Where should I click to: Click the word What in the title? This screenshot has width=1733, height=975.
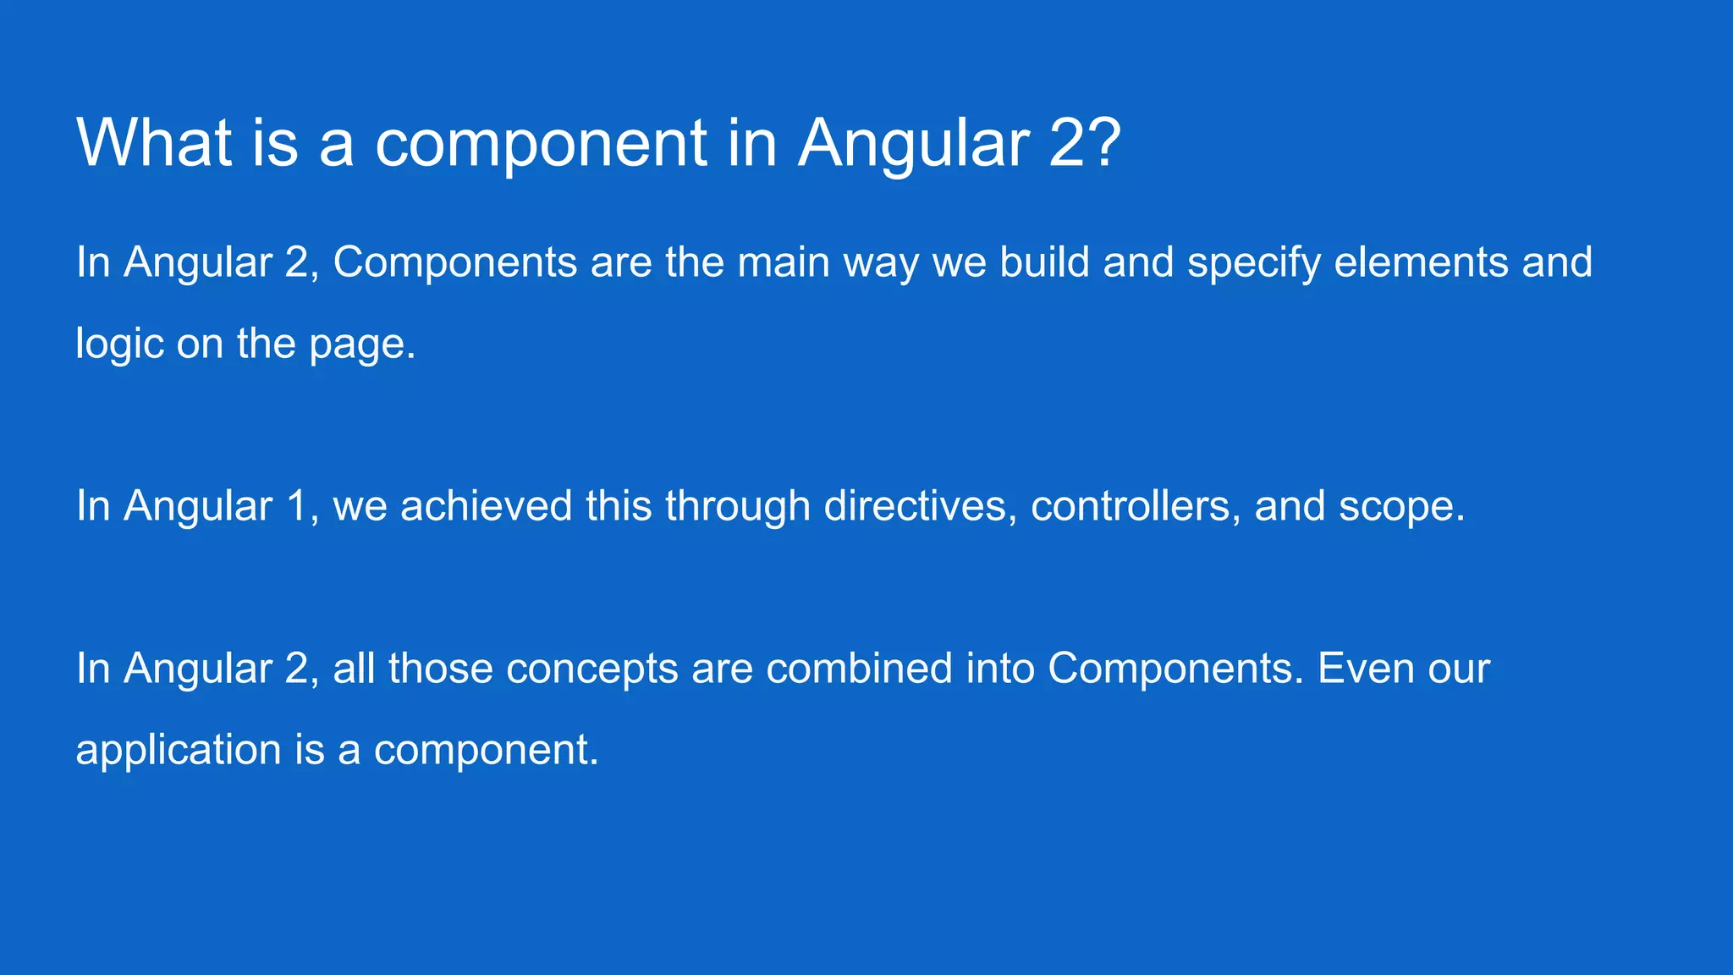tap(155, 142)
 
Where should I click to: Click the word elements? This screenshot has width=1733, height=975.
tap(1422, 262)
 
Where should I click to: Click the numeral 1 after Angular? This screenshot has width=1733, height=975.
tap(296, 506)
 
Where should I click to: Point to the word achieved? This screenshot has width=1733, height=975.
tap(487, 506)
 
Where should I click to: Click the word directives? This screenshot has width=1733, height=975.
tap(920, 506)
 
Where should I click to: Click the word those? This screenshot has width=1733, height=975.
tap(441, 669)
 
